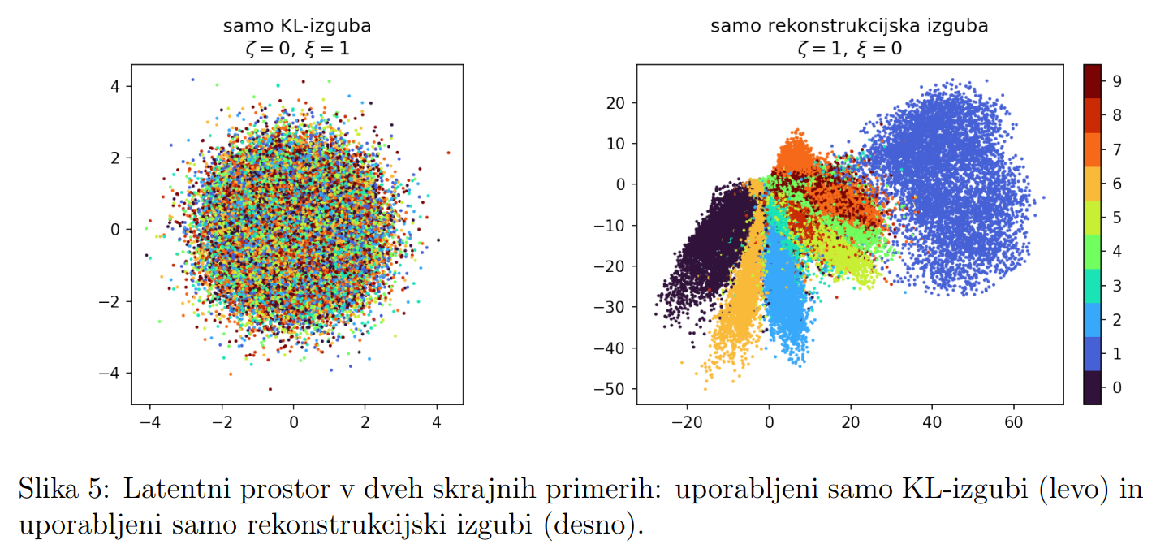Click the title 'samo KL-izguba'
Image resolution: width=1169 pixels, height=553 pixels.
tap(297, 26)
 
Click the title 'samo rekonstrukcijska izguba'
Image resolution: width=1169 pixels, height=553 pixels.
tap(849, 26)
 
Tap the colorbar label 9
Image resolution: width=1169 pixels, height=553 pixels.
tap(1117, 81)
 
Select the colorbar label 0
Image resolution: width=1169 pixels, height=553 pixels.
tap(1117, 387)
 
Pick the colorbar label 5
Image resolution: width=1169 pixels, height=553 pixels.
tap(1117, 217)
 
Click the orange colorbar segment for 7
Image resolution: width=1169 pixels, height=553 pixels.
tap(1093, 149)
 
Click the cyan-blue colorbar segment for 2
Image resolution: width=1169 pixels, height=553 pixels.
tap(1093, 319)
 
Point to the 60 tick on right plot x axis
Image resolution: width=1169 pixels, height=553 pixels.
tap(1013, 421)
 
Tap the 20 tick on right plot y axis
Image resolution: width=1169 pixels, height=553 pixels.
tap(619, 103)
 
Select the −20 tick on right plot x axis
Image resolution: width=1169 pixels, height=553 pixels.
tap(687, 421)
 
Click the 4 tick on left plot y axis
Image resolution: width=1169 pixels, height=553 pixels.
tap(115, 86)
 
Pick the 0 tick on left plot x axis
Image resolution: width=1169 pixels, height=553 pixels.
tap(294, 421)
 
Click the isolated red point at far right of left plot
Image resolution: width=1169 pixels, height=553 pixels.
tap(448, 152)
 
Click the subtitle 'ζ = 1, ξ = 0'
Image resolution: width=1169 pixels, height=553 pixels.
tap(849, 49)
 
